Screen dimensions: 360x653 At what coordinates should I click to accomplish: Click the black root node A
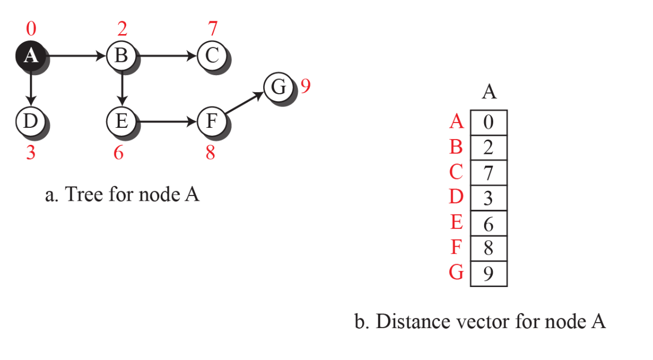coord(31,55)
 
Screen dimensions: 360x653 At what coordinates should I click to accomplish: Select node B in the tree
coord(121,55)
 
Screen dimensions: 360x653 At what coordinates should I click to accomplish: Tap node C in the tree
coord(212,55)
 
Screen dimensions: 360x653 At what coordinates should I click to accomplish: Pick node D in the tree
coord(31,121)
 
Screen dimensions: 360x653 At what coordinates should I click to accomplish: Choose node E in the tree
coord(121,121)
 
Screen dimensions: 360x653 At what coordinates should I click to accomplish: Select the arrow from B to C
coord(167,55)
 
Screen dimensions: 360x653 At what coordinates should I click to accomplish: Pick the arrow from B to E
coord(122,88)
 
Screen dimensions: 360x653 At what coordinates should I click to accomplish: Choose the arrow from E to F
coord(167,121)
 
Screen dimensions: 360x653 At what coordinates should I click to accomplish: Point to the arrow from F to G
coord(244,103)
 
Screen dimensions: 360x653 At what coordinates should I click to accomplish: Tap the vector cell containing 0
coord(488,122)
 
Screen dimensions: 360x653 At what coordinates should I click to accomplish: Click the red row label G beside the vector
coord(456,273)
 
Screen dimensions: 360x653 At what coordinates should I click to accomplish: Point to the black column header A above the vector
coord(489,92)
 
